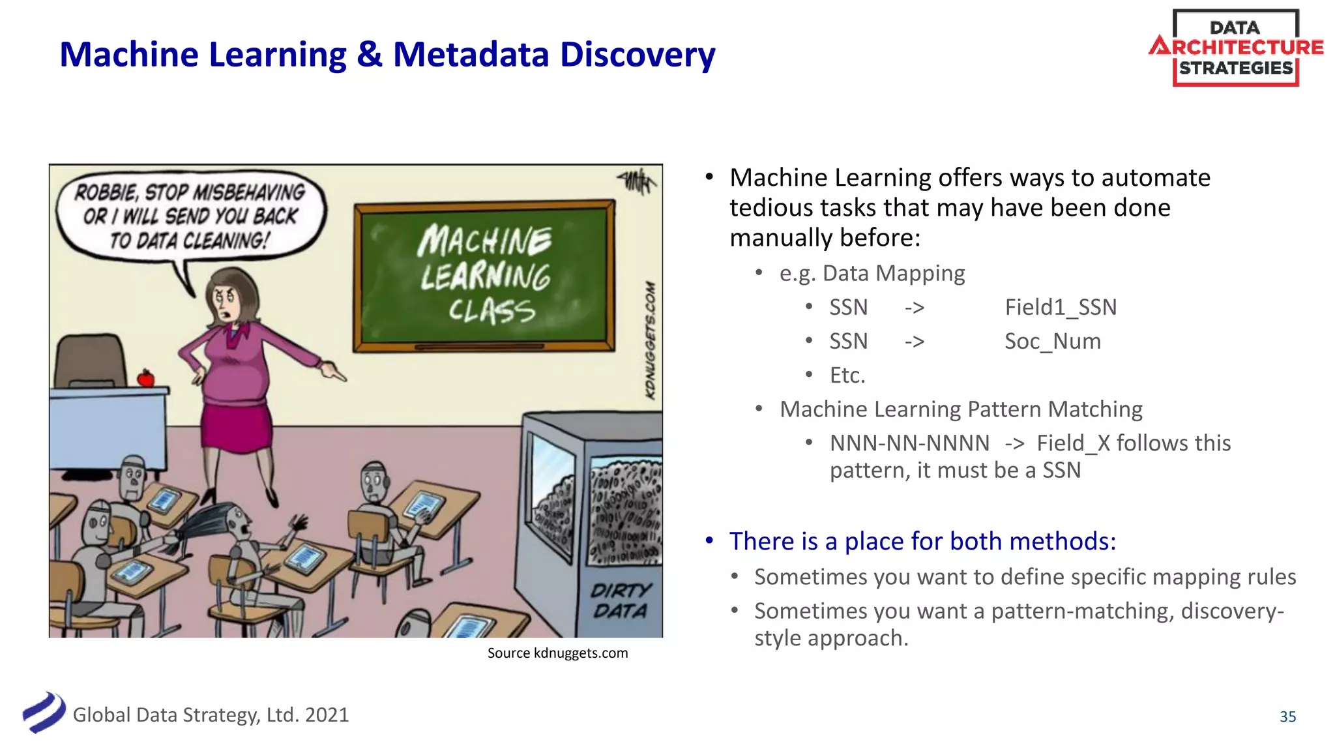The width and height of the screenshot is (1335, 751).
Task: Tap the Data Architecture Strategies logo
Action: click(x=1235, y=48)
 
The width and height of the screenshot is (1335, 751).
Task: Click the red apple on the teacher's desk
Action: click(x=145, y=378)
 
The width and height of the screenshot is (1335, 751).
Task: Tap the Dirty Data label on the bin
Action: click(x=620, y=600)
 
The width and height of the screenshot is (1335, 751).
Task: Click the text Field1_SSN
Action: click(x=1061, y=307)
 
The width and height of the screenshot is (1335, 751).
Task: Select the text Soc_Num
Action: click(x=1052, y=341)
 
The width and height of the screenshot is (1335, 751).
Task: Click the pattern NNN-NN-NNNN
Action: click(x=909, y=443)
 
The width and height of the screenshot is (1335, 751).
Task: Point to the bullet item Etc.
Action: click(x=847, y=375)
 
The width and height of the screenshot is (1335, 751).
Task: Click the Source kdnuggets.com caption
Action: click(x=557, y=653)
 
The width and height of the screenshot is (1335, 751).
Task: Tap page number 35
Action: click(x=1287, y=716)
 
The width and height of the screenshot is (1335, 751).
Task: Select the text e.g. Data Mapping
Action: click(x=872, y=273)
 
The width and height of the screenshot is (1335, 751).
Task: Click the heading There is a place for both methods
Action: click(x=922, y=541)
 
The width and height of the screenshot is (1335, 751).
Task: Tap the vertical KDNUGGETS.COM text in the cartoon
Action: click(x=650, y=340)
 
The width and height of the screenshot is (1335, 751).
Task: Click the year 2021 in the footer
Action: click(x=327, y=715)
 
